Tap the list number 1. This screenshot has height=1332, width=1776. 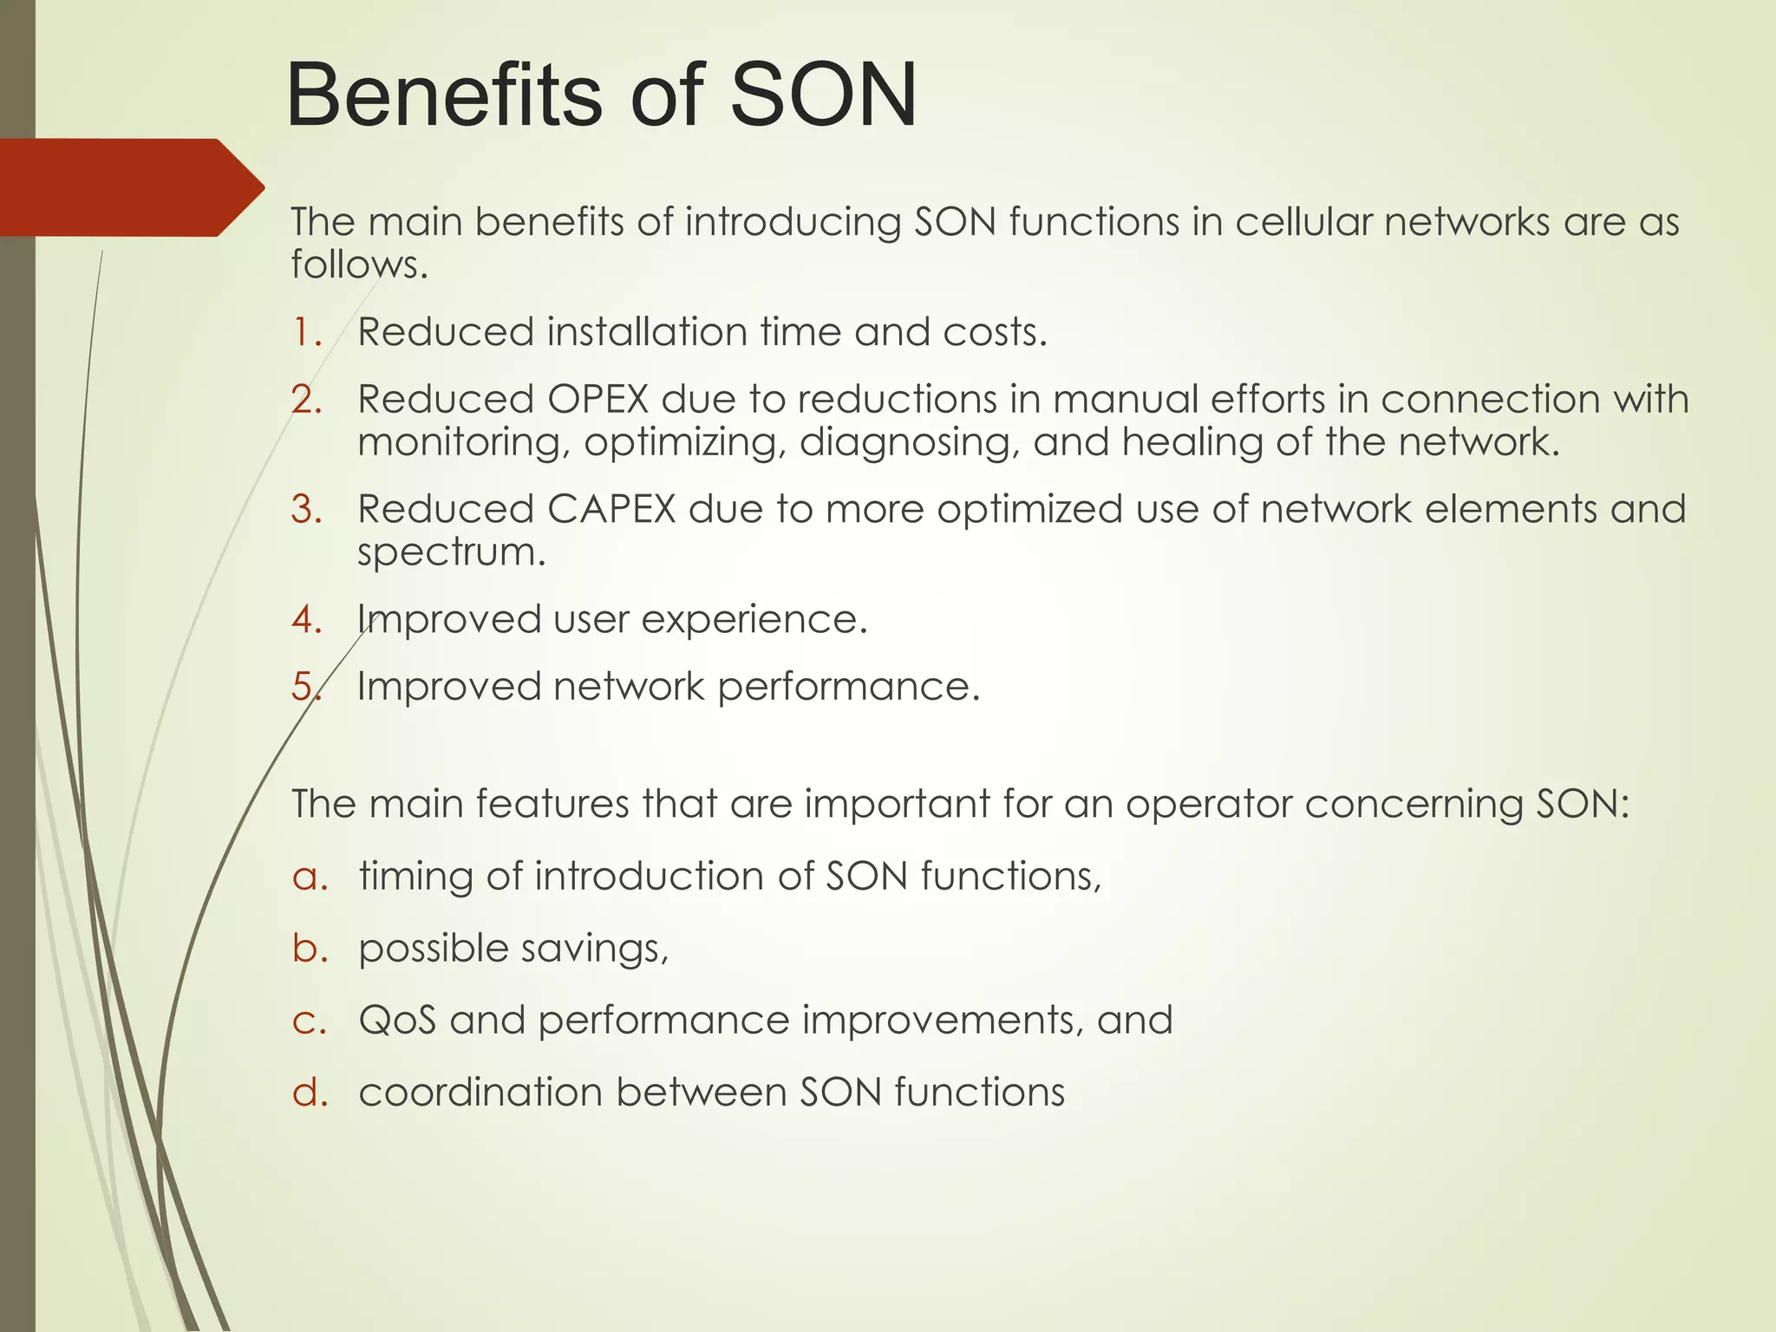pos(306,333)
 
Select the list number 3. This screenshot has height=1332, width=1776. pos(306,509)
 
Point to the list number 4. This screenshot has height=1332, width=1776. pos(306,620)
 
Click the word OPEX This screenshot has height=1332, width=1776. pos(597,400)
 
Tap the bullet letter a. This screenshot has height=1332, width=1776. pos(310,877)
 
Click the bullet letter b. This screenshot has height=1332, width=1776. pos(310,948)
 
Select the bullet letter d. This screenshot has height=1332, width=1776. pos(310,1092)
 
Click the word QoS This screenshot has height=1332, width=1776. pos(397,1020)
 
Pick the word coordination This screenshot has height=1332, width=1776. pos(480,1092)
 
